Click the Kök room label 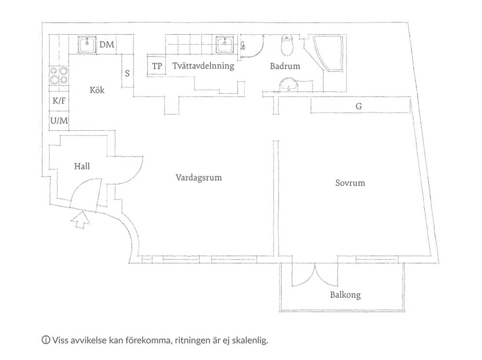[97, 90]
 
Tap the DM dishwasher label [107, 44]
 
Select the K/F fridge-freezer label [59, 101]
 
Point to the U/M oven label [59, 120]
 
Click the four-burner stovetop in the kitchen [59, 76]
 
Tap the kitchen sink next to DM [87, 45]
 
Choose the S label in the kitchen [127, 73]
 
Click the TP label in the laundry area [157, 66]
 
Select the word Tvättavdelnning [203, 66]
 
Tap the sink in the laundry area [225, 45]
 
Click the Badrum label [285, 66]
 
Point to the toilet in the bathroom [287, 45]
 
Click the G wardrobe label [359, 106]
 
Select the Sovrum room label [350, 183]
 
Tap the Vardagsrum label [199, 178]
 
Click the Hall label [82, 166]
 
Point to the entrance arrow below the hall [80, 220]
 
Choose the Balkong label [345, 295]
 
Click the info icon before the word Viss [46, 340]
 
